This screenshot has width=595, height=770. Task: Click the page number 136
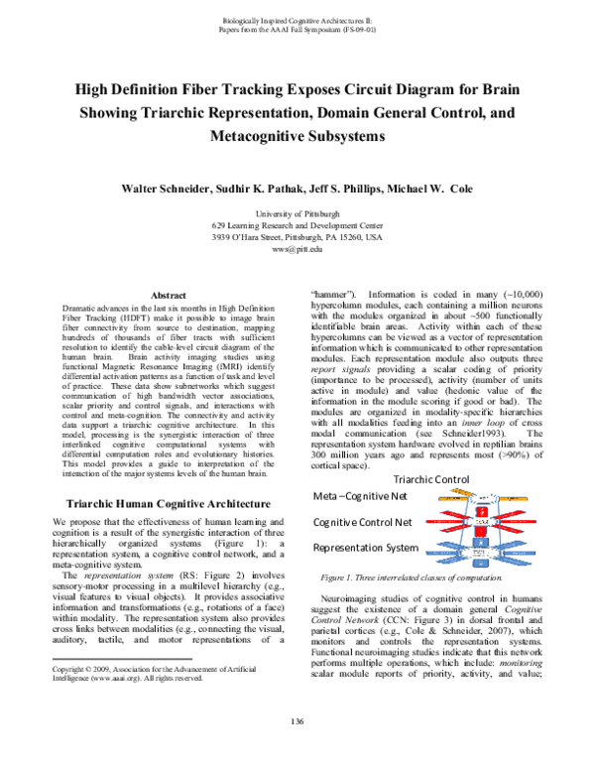click(x=297, y=748)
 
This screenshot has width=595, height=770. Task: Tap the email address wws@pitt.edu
click(x=297, y=251)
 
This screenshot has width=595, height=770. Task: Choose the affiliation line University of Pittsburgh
click(x=297, y=212)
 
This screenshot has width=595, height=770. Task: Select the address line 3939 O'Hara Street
click(x=297, y=238)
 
